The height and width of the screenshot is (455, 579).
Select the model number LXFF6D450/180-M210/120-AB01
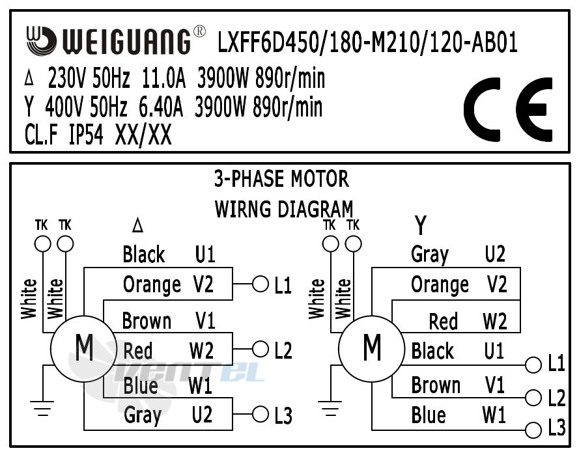point(367,43)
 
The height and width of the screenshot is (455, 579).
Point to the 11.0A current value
point(163,79)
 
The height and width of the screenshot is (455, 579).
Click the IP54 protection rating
point(86,135)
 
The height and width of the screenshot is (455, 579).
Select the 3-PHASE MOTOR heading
point(281,178)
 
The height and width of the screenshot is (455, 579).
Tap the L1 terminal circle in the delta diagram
point(261,284)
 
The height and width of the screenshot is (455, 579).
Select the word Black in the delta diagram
point(144,254)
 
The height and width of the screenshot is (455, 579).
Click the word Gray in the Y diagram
point(430,254)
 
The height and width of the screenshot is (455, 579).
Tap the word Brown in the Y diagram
point(436,385)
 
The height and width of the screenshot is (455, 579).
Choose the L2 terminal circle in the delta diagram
point(261,350)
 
